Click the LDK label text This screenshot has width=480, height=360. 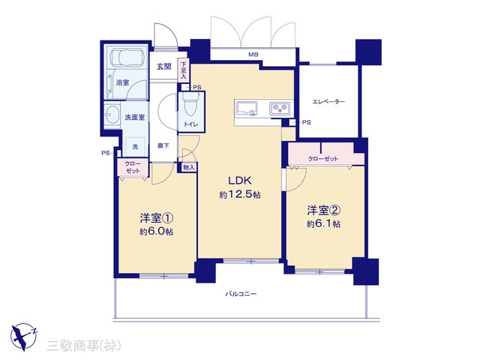(x=240, y=181)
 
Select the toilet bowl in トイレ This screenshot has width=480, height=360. (x=190, y=103)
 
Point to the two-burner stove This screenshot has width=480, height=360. (x=280, y=109)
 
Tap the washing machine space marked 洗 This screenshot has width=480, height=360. (x=135, y=147)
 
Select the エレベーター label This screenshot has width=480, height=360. (x=328, y=102)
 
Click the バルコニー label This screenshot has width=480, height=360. (x=241, y=294)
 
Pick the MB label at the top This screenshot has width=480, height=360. (x=253, y=55)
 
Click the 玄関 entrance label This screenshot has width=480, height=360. (x=164, y=67)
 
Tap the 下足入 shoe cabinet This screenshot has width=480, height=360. (x=183, y=70)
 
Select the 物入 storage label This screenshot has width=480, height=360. (x=188, y=167)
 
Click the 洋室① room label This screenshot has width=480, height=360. (x=157, y=218)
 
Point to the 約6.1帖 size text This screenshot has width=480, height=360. (x=323, y=224)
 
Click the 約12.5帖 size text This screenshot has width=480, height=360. (x=240, y=195)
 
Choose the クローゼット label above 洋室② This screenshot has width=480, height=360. (x=323, y=158)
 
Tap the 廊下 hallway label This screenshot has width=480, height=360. (x=163, y=145)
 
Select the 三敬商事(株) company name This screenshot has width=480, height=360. (x=83, y=346)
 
